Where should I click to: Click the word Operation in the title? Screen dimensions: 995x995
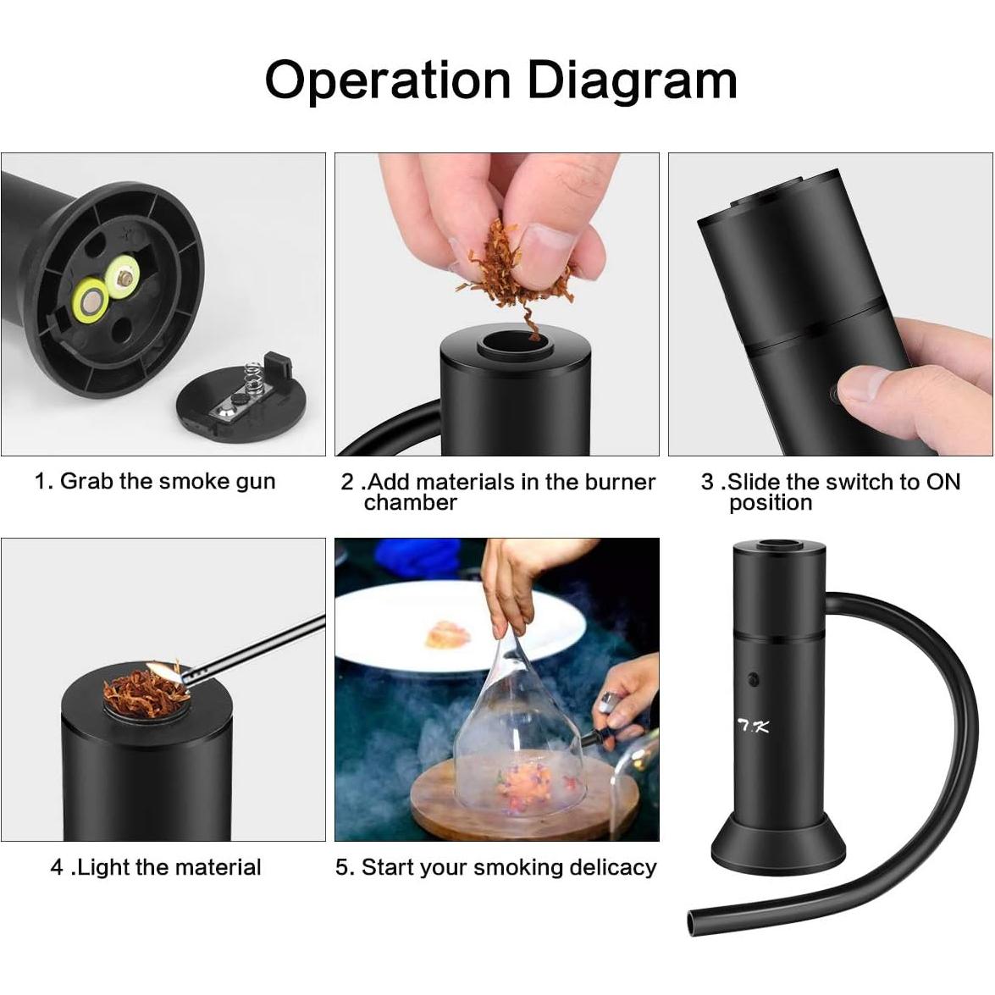pyautogui.click(x=389, y=80)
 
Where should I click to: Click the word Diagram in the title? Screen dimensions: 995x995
pyautogui.click(x=632, y=80)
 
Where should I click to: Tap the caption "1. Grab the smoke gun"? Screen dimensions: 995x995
pyautogui.click(x=155, y=481)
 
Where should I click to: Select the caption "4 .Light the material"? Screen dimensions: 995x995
pyautogui.click(x=156, y=867)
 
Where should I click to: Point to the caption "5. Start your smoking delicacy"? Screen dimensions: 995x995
pyautogui.click(x=496, y=867)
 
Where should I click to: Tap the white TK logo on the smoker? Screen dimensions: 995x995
pyautogui.click(x=752, y=726)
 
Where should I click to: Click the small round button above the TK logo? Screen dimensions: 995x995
pyautogui.click(x=753, y=679)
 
